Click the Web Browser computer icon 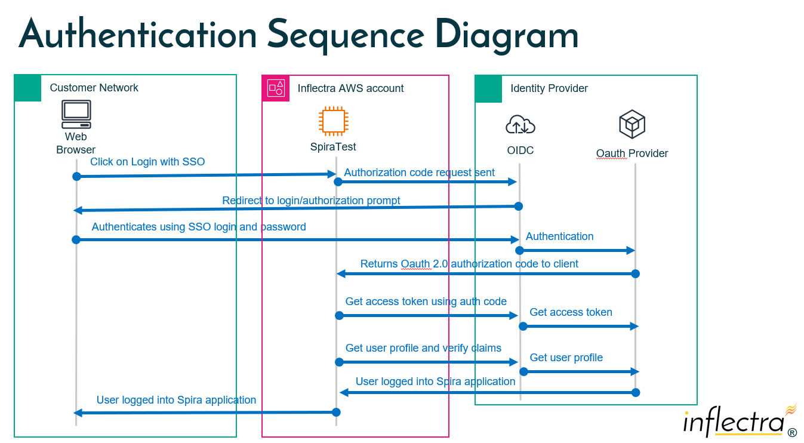tap(76, 114)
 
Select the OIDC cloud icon tap(520, 125)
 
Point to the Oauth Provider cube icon tap(632, 124)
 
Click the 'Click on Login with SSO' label tap(147, 162)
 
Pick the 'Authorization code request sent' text tap(419, 173)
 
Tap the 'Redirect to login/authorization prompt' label tap(311, 201)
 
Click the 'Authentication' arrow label tap(559, 236)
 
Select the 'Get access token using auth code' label tap(426, 302)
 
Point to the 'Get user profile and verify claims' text tap(423, 348)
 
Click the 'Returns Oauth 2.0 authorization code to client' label tap(469, 264)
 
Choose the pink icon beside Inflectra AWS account tap(276, 88)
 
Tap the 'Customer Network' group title tap(94, 88)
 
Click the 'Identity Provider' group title tap(549, 88)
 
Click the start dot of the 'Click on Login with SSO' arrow tap(76, 176)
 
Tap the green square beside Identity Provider tap(488, 88)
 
